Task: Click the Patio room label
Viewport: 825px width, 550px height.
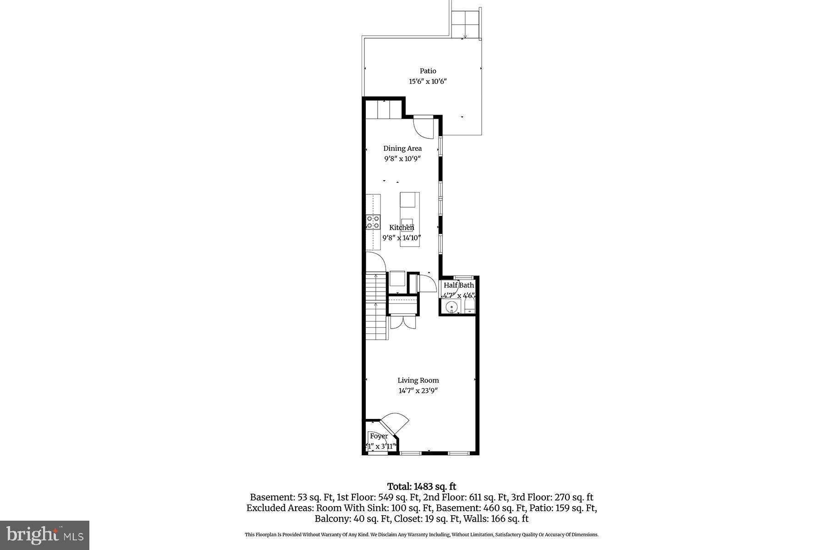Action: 428,71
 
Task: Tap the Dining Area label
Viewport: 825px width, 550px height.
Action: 402,148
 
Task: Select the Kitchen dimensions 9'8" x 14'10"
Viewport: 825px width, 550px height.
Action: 401,238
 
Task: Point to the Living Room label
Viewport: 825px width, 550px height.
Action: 418,380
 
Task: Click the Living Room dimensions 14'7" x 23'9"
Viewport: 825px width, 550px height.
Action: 418,391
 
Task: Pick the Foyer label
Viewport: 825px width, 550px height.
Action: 379,436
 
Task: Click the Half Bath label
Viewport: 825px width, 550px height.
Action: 458,285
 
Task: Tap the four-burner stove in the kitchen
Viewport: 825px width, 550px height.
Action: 373,222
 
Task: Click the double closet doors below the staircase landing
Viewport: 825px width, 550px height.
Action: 402,322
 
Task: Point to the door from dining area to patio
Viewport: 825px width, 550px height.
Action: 423,127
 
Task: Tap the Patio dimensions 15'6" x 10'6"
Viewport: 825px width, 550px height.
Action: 428,82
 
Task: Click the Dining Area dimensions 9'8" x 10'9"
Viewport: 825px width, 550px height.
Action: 402,159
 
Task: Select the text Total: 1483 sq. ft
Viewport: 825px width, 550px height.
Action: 421,487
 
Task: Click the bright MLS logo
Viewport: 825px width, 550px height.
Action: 44,535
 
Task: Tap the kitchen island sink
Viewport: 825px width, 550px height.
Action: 407,223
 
